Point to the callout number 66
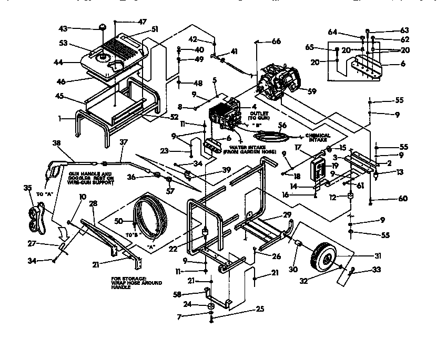click(x=276, y=42)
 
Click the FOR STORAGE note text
click(x=137, y=283)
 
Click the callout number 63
click(x=390, y=31)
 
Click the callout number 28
click(x=93, y=203)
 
